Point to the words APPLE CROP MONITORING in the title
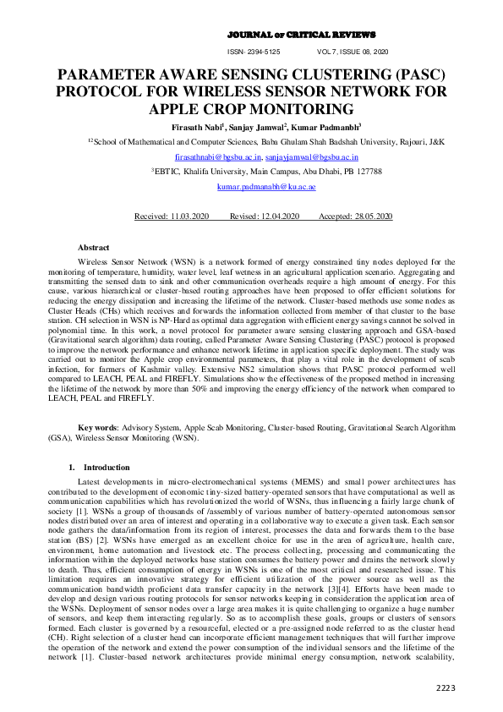coord(251,110)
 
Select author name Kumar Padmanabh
coord(324,126)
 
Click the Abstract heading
coord(93,247)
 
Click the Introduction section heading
coord(107,467)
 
